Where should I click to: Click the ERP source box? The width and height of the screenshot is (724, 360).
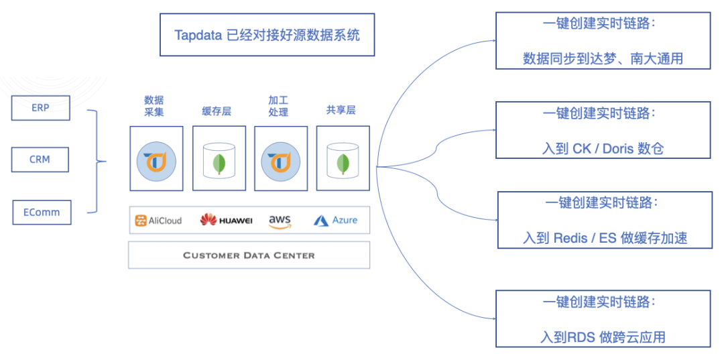[x=40, y=107]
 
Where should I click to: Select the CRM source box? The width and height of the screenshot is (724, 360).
[x=40, y=160]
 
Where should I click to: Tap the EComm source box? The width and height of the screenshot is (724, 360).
[x=42, y=213]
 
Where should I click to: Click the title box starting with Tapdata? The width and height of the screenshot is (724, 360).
[x=267, y=35]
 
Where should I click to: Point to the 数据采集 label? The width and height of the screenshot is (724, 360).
[x=154, y=106]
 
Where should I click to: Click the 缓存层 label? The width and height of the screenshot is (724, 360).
[x=217, y=111]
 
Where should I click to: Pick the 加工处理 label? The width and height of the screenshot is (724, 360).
[x=278, y=106]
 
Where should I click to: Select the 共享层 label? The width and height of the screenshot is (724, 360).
[x=341, y=111]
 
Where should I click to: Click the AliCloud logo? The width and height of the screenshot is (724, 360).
[x=158, y=221]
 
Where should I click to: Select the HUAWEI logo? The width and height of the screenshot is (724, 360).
[x=226, y=221]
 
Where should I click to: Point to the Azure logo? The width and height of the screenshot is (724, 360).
[x=335, y=221]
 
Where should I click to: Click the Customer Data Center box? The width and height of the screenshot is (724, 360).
[x=249, y=255]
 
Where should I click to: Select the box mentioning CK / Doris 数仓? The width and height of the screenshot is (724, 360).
[x=603, y=130]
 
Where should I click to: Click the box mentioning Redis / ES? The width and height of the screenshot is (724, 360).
[x=605, y=220]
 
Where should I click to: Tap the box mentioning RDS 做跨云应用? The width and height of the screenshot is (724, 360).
[x=603, y=318]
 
